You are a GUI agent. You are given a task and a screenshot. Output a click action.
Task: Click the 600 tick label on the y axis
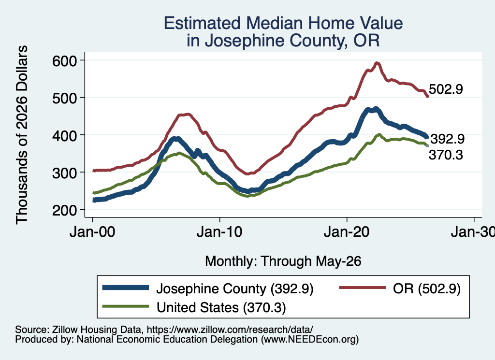pyautogui.click(x=64, y=60)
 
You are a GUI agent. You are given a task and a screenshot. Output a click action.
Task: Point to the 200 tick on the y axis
pyautogui.click(x=64, y=210)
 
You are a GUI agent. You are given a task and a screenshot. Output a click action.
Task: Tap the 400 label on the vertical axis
pyautogui.click(x=64, y=135)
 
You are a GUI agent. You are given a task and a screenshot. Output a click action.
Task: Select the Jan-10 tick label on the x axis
pyautogui.click(x=219, y=232)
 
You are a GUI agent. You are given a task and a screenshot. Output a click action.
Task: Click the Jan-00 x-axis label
pyautogui.click(x=92, y=232)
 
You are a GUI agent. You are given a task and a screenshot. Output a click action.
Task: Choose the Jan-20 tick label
pyautogui.click(x=347, y=232)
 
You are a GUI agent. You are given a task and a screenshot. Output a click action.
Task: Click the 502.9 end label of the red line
pyautogui.click(x=446, y=89)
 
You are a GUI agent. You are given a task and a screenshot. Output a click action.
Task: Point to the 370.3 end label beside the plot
pyautogui.click(x=446, y=155)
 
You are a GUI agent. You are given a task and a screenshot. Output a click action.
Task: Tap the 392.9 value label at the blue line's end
pyautogui.click(x=447, y=139)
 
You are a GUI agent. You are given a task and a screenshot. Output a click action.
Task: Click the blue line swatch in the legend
pyautogui.click(x=126, y=288)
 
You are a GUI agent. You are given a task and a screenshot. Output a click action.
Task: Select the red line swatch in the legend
pyautogui.click(x=363, y=288)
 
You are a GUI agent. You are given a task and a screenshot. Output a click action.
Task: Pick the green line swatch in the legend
pyautogui.click(x=126, y=306)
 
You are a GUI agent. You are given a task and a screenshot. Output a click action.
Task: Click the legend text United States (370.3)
pyautogui.click(x=221, y=308)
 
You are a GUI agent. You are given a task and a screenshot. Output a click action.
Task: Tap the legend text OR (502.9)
pyautogui.click(x=427, y=288)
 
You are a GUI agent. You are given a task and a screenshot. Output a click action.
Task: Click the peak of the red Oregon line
pyautogui.click(x=376, y=63)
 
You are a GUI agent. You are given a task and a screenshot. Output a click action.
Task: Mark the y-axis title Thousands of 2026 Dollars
pyautogui.click(x=22, y=135)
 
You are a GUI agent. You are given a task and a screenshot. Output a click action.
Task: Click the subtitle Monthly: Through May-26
pyautogui.click(x=283, y=261)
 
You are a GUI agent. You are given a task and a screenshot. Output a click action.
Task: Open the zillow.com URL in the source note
pyautogui.click(x=230, y=330)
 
